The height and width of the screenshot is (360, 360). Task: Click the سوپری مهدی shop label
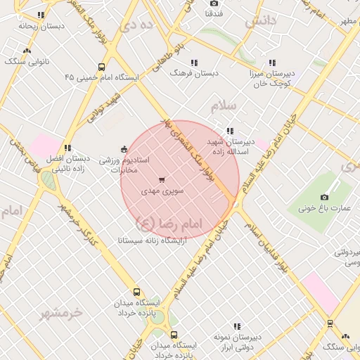pyautogui.click(x=162, y=191)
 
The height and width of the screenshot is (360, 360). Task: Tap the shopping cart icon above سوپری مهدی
pyautogui.click(x=162, y=179)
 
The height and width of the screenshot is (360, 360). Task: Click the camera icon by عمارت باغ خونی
pyautogui.click(x=324, y=197)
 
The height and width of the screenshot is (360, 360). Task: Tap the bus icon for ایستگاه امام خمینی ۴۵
pyautogui.click(x=102, y=67)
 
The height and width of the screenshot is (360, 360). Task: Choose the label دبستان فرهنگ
pyautogui.click(x=197, y=73)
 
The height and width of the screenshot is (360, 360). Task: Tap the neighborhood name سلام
pyautogui.click(x=224, y=106)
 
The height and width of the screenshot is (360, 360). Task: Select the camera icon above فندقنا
pyautogui.click(x=214, y=4)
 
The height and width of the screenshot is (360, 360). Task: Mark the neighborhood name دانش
pyautogui.click(x=260, y=23)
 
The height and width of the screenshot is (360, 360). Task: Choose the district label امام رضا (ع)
pyautogui.click(x=169, y=224)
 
